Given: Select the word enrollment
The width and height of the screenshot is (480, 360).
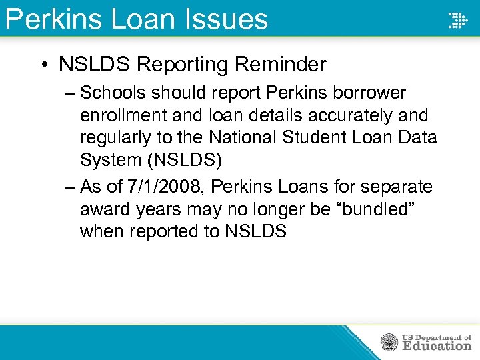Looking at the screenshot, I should click(x=123, y=115).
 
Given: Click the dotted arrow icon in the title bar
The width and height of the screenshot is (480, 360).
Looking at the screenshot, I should click(x=457, y=20).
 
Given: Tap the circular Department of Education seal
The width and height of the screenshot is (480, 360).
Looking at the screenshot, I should click(x=389, y=343).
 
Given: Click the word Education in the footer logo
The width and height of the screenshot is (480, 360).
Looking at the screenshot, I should click(x=437, y=346).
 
